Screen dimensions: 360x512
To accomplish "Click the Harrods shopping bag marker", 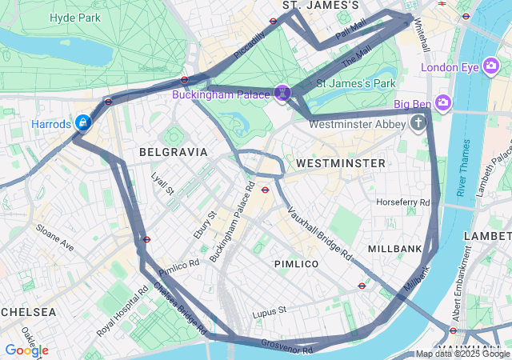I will (x=82, y=122).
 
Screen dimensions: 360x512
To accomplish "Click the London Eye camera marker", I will (x=491, y=67).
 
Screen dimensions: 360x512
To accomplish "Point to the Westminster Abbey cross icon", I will (x=418, y=123).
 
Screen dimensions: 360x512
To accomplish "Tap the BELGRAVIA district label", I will (x=173, y=151).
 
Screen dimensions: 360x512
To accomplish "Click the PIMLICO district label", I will (x=296, y=263).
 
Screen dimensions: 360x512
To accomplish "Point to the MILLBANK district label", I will (x=394, y=249).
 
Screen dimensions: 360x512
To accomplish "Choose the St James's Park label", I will (x=356, y=82).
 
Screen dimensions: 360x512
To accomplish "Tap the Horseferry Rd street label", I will (x=403, y=202).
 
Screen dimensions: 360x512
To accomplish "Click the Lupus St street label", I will (x=269, y=310).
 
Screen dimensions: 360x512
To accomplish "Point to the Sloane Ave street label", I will (x=54, y=238).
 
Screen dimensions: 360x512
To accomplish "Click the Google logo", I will (x=26, y=350).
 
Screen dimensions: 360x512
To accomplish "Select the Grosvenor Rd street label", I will (x=286, y=346).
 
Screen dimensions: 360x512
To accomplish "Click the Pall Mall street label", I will (x=350, y=30).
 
